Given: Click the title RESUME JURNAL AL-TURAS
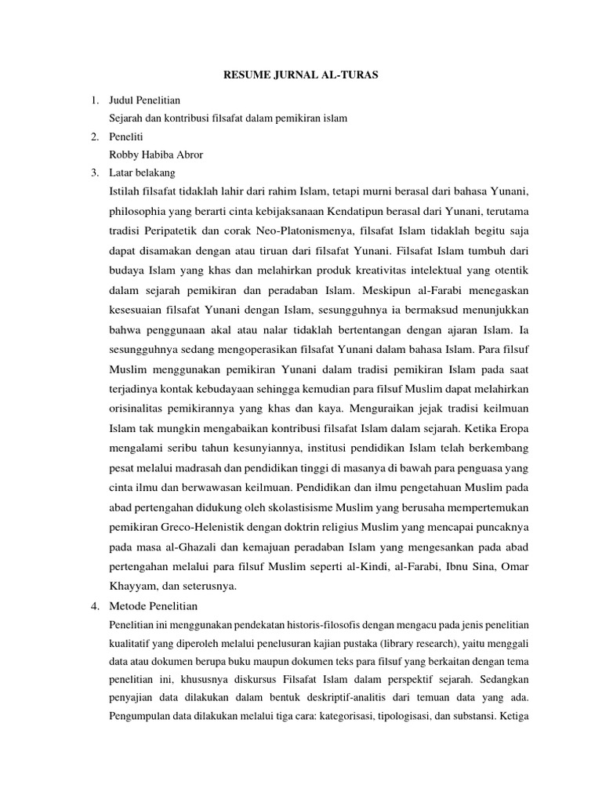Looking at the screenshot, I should tap(300, 76).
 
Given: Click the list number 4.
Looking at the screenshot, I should tap(94, 606).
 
